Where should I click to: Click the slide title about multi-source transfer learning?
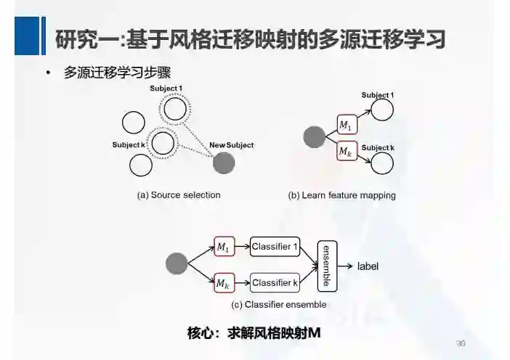251,39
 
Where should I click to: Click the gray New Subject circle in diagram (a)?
224,163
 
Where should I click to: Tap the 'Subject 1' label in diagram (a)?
166,89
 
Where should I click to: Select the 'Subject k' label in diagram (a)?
129,145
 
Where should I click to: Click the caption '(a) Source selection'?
179,195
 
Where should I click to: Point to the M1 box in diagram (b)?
347,126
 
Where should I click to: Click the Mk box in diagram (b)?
347,153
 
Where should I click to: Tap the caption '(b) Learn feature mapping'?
341,195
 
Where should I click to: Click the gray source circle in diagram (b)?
314,136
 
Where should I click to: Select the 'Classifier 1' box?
275,247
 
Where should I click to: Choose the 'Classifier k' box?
275,282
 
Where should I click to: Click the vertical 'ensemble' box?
327,265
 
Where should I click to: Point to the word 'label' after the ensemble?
368,266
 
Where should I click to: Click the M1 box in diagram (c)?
223,247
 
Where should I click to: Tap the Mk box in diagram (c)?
223,283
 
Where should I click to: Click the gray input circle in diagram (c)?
177,264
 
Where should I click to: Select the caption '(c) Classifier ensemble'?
278,305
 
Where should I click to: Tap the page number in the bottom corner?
460,343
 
